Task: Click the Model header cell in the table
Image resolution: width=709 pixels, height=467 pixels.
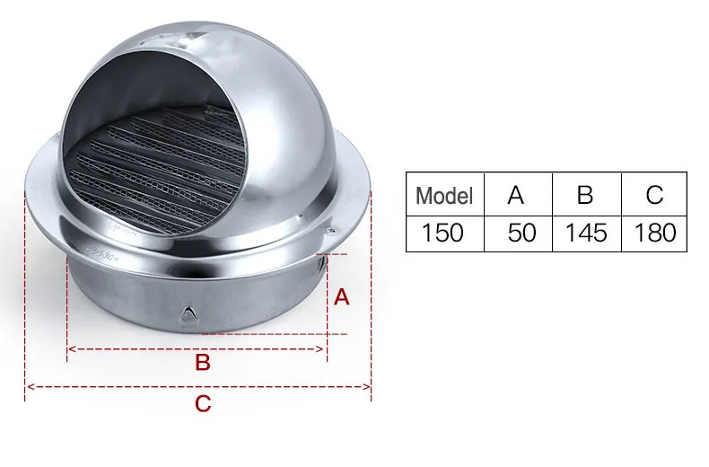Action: pos(444,196)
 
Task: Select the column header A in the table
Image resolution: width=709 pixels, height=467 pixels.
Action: pos(515,196)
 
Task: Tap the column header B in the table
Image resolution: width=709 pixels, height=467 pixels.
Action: pos(584,196)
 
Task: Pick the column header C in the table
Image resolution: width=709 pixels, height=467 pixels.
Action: pos(654,196)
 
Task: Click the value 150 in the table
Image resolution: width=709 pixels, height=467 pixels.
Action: pos(442,233)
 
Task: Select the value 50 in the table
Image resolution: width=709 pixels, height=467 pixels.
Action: pos(521,233)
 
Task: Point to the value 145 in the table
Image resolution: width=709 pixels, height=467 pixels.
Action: pos(586,233)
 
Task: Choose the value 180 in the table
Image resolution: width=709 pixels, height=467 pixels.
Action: pos(655,233)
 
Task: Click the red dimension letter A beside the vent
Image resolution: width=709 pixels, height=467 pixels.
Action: pos(341,297)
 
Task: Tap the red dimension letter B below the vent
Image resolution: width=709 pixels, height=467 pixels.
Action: pos(203,363)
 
